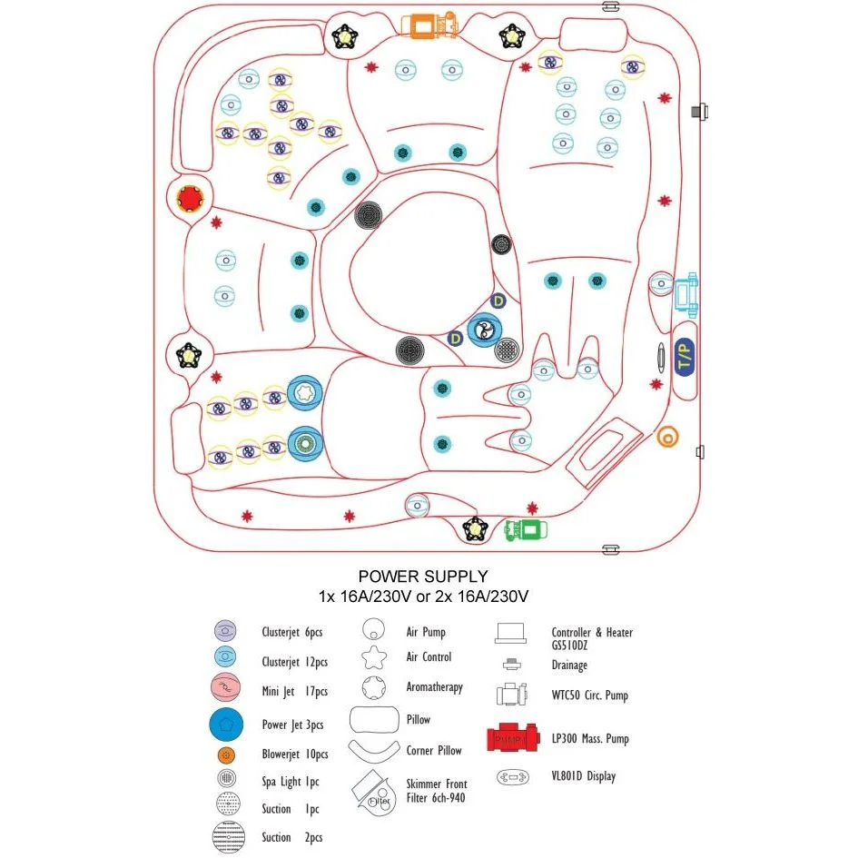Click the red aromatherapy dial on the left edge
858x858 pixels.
[x=190, y=198]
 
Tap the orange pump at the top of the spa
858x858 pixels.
[x=429, y=25]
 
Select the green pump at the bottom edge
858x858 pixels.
[x=526, y=529]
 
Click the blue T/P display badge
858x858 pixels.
[x=685, y=357]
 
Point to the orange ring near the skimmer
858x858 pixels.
[x=667, y=438]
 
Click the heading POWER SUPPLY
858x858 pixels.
[x=423, y=577]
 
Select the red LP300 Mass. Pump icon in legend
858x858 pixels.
[x=513, y=737]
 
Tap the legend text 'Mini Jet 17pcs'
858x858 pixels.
[x=294, y=692]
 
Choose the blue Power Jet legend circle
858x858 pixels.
[x=226, y=724]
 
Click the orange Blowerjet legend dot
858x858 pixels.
[x=226, y=755]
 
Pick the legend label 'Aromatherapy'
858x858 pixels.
[x=435, y=687]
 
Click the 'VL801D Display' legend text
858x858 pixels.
[x=583, y=776]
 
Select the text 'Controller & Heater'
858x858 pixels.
[x=592, y=633]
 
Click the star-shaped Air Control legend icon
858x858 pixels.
[x=374, y=657]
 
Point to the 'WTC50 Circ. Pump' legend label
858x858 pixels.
[x=590, y=695]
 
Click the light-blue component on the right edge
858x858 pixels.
[x=686, y=294]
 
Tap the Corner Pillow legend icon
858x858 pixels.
[x=374, y=750]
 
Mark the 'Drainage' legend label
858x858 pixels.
[x=569, y=666]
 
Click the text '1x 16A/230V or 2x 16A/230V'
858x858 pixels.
[x=423, y=597]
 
